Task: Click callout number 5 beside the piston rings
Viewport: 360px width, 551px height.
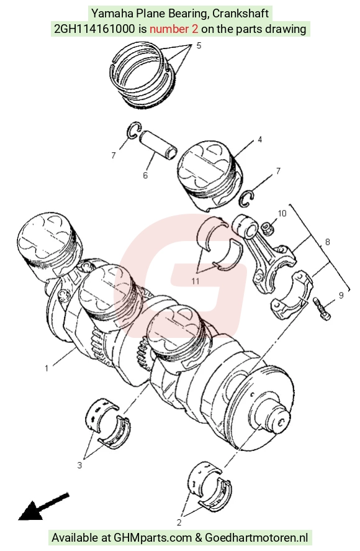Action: tap(199, 46)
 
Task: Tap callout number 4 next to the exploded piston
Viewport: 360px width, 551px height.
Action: tap(260, 140)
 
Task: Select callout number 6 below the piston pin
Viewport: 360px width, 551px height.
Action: tap(145, 175)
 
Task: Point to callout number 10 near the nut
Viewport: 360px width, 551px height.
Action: tap(282, 213)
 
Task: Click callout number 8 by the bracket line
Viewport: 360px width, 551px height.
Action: tap(327, 242)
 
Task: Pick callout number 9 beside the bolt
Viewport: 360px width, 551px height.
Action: tap(341, 296)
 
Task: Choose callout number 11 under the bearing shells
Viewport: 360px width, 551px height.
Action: tap(196, 281)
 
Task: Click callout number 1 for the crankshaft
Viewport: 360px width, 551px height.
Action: tap(47, 368)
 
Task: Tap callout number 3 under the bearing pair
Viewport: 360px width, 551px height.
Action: tap(79, 465)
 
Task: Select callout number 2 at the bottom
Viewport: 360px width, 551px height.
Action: tap(179, 522)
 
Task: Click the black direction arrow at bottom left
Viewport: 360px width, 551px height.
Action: tap(43, 507)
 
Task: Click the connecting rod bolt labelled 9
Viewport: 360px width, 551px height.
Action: tap(322, 308)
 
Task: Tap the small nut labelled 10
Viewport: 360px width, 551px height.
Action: tap(268, 229)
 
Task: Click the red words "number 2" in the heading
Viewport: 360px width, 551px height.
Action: tap(174, 29)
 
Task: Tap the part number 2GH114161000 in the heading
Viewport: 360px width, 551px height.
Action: tap(94, 29)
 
